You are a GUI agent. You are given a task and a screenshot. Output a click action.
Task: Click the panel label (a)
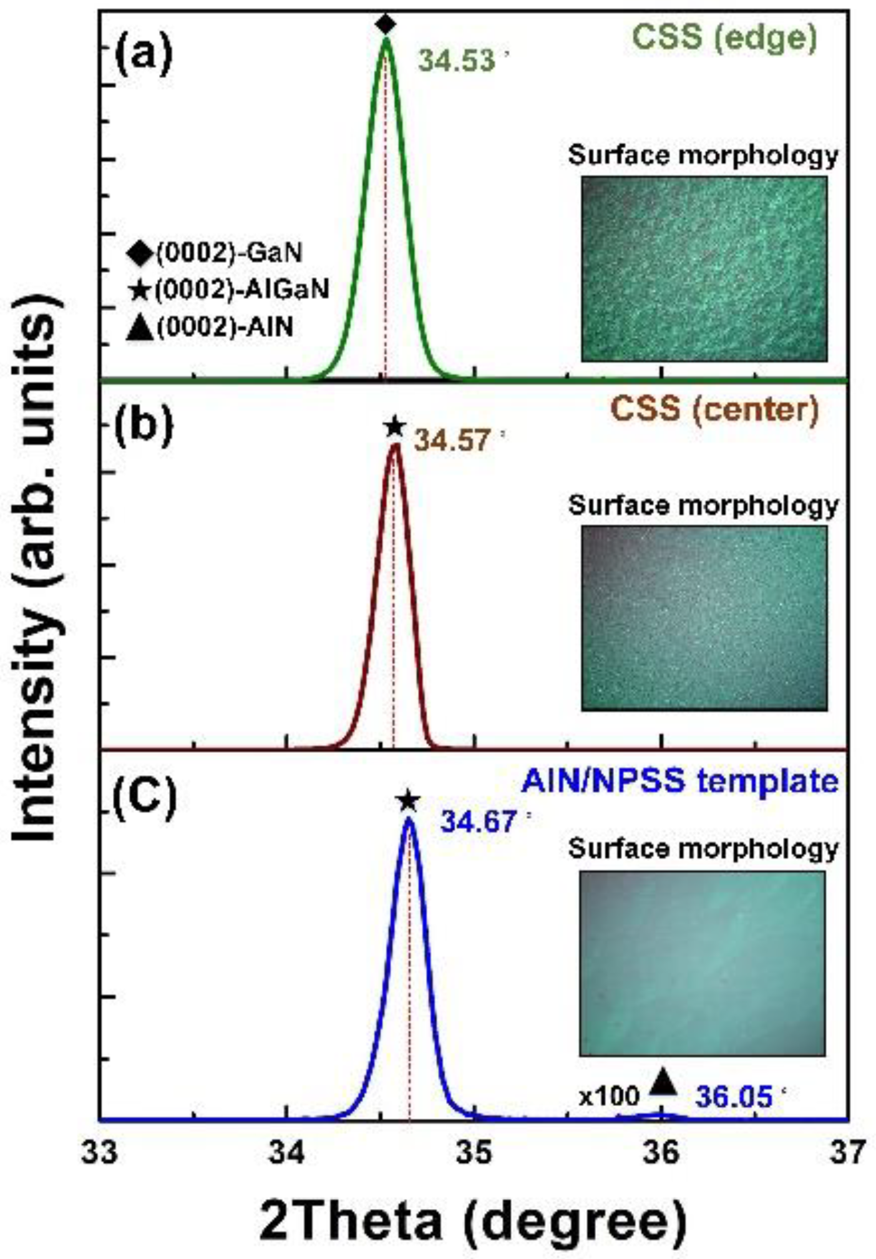(142, 55)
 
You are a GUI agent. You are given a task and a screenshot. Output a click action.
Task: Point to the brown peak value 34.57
(453, 441)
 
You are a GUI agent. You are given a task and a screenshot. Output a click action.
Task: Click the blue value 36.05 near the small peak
(734, 1097)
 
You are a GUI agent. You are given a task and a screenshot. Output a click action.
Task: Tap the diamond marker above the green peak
(386, 24)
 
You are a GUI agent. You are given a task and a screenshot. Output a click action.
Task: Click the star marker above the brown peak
(394, 427)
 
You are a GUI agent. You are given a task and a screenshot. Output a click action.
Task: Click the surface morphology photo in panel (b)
(704, 618)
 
